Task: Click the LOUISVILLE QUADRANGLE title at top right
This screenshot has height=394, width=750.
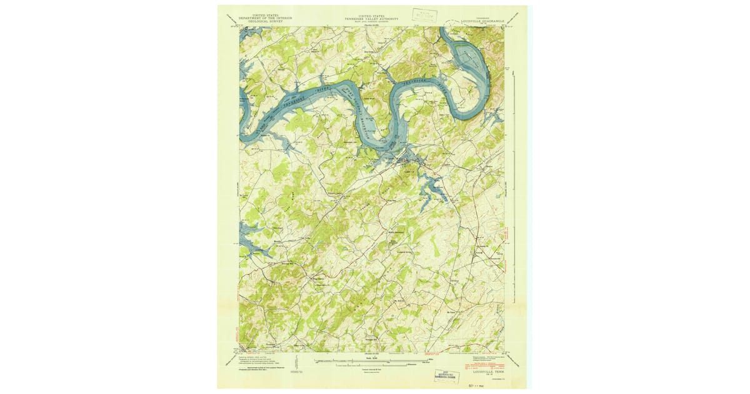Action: pyautogui.click(x=482, y=20)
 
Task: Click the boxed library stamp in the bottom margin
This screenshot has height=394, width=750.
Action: pyautogui.click(x=446, y=376)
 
